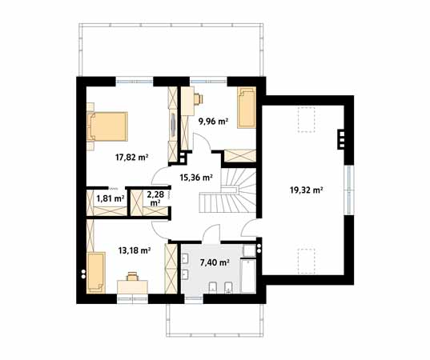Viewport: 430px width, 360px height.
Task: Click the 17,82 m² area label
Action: pos(132,157)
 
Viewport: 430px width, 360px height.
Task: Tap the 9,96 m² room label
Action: pos(213,122)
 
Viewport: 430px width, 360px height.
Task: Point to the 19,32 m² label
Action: pos(306,190)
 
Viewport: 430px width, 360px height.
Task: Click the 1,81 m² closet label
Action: pos(110,198)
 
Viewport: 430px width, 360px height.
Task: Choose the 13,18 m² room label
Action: pos(135,250)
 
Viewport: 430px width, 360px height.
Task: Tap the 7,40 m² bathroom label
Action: pos(214,262)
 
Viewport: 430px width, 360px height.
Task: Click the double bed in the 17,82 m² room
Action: pos(106,125)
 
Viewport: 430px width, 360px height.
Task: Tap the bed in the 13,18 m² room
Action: pos(96,272)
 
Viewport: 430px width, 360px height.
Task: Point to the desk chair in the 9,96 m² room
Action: pos(196,99)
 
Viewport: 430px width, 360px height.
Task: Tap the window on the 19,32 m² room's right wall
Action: pos(348,190)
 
